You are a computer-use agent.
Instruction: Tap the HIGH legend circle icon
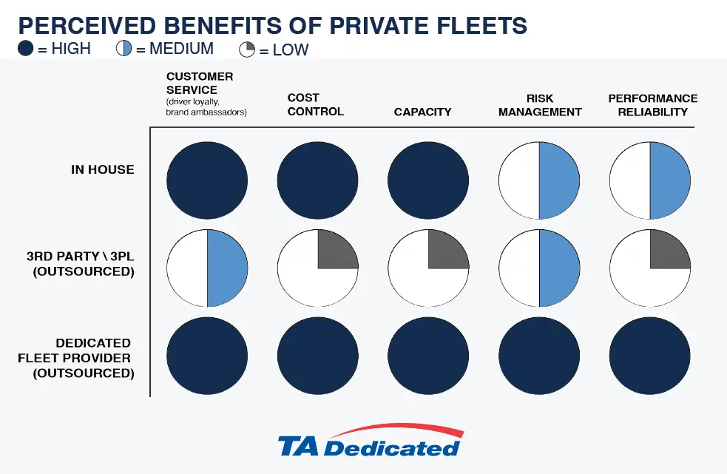(26, 50)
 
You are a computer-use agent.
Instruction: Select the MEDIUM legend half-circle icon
(124, 50)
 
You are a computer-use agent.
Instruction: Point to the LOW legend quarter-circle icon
(247, 50)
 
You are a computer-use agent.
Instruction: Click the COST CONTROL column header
(316, 104)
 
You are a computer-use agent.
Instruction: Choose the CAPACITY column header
(422, 112)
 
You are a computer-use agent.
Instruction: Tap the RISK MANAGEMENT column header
(540, 105)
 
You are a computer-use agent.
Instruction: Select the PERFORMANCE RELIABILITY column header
(652, 105)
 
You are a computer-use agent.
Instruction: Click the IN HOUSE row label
(103, 169)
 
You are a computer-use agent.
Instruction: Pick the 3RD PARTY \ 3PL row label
(81, 264)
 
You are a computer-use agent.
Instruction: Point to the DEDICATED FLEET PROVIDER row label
(77, 358)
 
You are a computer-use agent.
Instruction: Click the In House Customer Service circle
(207, 179)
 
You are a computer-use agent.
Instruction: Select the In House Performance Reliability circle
(650, 179)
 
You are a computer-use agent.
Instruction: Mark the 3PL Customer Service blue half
(226, 268)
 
